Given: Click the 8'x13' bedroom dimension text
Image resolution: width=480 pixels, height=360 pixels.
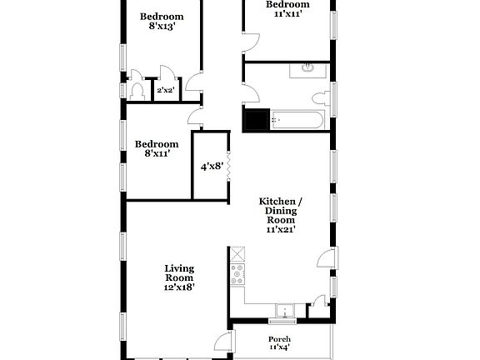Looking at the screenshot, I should (161, 27).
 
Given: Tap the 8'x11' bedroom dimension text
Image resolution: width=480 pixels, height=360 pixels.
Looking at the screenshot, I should (157, 153).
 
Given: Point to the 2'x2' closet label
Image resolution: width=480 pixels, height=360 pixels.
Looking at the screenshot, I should (165, 91).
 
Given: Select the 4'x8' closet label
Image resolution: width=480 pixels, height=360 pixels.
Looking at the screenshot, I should (211, 167).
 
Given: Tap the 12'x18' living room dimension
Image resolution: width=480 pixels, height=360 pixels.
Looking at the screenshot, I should (179, 287).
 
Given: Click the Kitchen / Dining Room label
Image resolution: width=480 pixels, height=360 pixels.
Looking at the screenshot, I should (281, 212).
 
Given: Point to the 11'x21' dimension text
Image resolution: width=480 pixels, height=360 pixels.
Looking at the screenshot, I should (281, 229).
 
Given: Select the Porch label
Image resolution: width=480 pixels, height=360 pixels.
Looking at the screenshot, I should (279, 339).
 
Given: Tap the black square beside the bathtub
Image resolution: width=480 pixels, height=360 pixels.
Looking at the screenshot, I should (254, 121).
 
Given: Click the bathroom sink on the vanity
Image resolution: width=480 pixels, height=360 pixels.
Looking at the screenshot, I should (307, 67).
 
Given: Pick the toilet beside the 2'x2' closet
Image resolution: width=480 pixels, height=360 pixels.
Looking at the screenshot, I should (138, 92).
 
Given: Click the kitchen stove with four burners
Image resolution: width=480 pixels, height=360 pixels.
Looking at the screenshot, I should (237, 275).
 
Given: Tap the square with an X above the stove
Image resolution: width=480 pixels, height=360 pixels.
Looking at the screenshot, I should (238, 254).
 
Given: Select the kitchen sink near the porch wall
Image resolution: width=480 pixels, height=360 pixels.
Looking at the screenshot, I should (286, 311).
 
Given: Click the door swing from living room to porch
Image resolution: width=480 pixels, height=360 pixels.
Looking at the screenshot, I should (224, 342).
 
